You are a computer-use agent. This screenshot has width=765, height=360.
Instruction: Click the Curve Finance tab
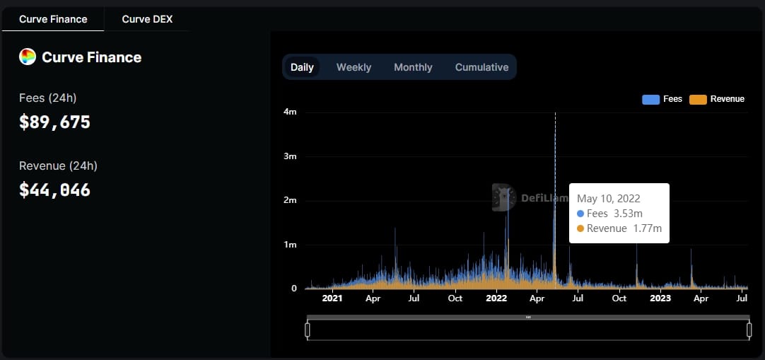click(53, 19)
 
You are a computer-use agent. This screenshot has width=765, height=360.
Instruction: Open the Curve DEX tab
click(147, 19)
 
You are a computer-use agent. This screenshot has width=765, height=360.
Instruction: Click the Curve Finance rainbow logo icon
click(28, 57)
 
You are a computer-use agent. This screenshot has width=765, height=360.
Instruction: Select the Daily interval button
click(302, 67)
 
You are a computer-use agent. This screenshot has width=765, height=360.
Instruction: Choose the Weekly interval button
click(354, 67)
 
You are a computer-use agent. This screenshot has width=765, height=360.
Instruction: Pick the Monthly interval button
click(413, 67)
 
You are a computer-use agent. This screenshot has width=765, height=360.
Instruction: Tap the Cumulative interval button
click(481, 67)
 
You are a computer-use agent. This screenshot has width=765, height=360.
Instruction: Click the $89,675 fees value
click(55, 122)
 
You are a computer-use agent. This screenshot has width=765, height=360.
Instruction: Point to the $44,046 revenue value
click(55, 190)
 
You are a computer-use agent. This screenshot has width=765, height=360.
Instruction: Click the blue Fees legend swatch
click(650, 100)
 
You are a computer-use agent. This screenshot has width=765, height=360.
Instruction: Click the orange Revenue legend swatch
click(698, 100)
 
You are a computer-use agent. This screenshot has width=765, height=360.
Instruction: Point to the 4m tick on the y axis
click(290, 112)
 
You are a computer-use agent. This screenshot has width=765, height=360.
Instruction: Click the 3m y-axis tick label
click(290, 156)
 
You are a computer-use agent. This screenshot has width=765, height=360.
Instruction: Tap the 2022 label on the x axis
click(496, 298)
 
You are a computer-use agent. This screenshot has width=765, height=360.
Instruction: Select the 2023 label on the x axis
click(660, 298)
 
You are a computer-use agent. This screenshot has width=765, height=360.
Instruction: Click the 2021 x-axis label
click(332, 298)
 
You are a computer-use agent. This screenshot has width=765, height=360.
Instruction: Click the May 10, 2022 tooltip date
click(609, 199)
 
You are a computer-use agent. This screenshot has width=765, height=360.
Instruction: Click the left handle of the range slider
click(308, 330)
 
